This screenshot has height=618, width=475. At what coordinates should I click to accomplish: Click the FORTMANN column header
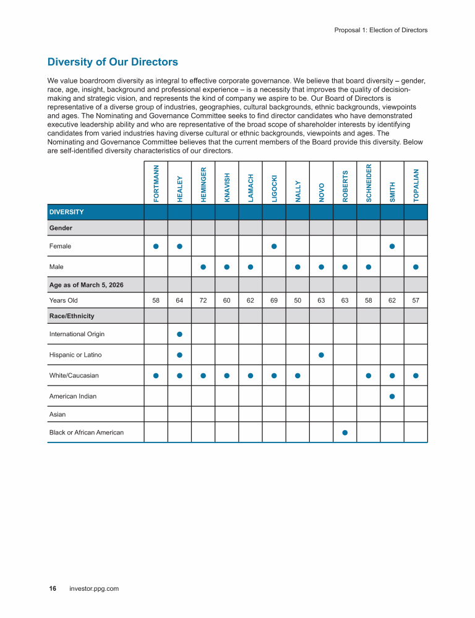coord(156,183)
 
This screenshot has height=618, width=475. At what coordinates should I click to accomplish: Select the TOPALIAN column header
coord(416,185)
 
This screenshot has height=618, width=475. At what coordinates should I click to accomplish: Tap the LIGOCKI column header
coord(274,188)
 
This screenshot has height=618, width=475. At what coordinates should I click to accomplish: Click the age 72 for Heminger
coord(203,300)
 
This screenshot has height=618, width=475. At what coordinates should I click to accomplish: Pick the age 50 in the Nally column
coord(297,300)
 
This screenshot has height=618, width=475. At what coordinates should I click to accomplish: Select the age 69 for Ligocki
coord(274,300)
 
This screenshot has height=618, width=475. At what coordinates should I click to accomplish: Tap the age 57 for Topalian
coord(416,300)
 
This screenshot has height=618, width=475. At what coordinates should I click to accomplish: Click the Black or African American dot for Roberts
coord(345,432)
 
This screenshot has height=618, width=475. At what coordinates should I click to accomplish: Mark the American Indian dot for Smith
coord(392,396)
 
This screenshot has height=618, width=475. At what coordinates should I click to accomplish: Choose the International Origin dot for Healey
coord(179,334)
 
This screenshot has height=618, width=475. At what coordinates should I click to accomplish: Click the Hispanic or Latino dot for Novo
coord(321,355)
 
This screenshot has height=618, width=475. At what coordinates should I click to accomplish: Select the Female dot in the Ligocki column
coord(274,247)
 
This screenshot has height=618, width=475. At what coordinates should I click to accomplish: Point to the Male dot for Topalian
coord(416,267)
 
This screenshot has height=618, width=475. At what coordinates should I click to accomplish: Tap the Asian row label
coord(58,414)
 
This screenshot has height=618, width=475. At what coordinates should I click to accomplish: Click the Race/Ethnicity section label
coord(72,316)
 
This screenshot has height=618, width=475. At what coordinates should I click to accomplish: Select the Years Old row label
coord(64,300)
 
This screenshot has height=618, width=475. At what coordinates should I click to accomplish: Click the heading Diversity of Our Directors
coord(113,62)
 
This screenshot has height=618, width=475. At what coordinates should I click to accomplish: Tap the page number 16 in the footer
coord(53,588)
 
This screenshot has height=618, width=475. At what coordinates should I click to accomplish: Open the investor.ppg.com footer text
coord(95,588)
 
